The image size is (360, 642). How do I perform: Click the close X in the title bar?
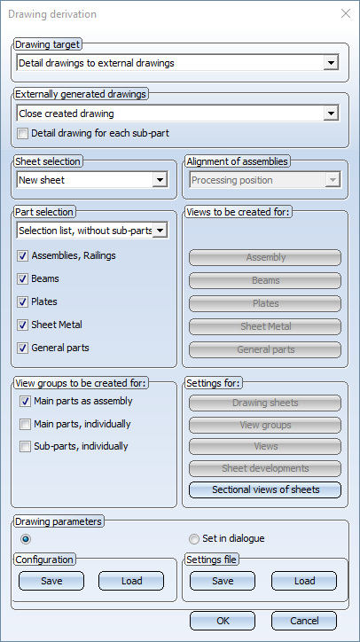[x=346, y=13]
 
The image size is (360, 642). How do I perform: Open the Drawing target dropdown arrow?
[x=331, y=63]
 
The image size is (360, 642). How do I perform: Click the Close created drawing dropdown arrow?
[x=331, y=114]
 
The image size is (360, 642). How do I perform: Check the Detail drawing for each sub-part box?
[x=23, y=134]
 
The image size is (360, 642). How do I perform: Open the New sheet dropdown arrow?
[x=160, y=180]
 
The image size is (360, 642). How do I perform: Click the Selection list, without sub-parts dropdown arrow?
[x=160, y=231]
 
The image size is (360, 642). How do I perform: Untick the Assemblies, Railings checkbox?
[x=22, y=256]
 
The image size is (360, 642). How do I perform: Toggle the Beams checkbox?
[x=22, y=279]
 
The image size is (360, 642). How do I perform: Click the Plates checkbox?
[x=22, y=302]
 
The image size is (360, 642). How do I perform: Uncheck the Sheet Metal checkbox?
[x=22, y=325]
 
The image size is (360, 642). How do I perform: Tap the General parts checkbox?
[x=22, y=348]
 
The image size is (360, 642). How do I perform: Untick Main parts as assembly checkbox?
[x=26, y=402]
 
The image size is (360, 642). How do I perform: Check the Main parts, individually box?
[x=26, y=425]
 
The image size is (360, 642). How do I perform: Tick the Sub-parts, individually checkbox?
[x=26, y=447]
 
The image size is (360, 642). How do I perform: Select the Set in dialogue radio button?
[x=194, y=539]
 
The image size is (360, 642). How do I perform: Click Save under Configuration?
[x=51, y=581]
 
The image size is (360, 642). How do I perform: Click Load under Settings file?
[x=304, y=581]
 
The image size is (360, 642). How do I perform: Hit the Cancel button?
[x=304, y=621]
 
